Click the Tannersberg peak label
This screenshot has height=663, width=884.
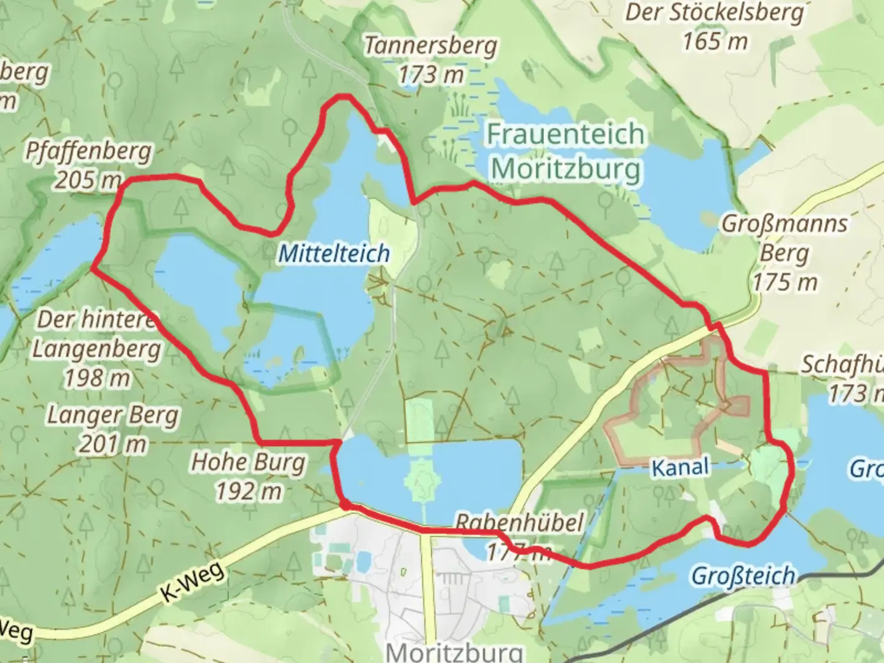pos(430,46)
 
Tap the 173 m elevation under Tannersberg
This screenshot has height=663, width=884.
pos(430,76)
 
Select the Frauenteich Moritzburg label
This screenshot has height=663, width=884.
pos(565,151)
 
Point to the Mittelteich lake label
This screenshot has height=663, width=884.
pos(334,253)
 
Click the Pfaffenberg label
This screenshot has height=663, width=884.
pos(88,151)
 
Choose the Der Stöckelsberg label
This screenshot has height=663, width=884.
pos(715,12)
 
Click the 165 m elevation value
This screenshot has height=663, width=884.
pos(715,41)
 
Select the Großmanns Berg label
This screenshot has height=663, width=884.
pos(785,238)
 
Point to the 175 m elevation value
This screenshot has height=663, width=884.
pos(785,282)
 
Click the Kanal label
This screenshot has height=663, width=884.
pos(680,468)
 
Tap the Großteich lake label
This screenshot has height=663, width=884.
pos(743,576)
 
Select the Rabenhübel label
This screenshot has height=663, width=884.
pos(518,523)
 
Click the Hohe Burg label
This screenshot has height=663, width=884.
pos(248,462)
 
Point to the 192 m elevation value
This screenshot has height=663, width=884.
pos(248,490)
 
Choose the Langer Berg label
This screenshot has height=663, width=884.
pos(113,415)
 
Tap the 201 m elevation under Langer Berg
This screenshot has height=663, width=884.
pos(113,444)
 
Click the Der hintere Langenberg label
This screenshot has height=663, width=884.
pos(96,335)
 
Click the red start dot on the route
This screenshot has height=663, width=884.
pos(346,505)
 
